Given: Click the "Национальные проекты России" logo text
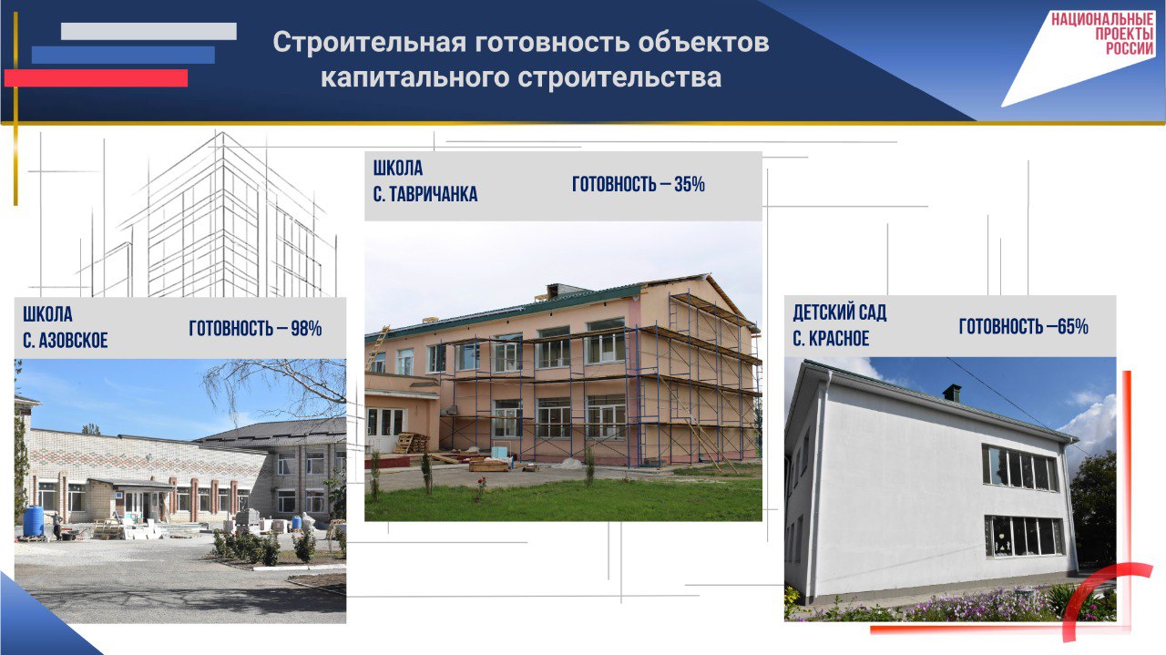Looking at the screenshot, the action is pyautogui.click(x=1102, y=34).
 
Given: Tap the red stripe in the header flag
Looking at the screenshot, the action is pyautogui.click(x=96, y=78).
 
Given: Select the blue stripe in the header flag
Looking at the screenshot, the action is pyautogui.click(x=123, y=55).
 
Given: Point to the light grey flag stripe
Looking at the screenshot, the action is pyautogui.click(x=148, y=31).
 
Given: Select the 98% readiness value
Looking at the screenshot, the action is pyautogui.click(x=306, y=329).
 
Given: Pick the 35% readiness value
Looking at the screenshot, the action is pyautogui.click(x=690, y=184).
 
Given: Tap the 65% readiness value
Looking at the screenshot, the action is pyautogui.click(x=1073, y=327).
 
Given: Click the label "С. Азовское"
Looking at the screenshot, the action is pyautogui.click(x=65, y=341).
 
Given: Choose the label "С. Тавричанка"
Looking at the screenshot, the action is pyautogui.click(x=425, y=194).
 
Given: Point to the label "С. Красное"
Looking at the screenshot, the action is pyautogui.click(x=832, y=339).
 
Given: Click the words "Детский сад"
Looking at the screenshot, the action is pyautogui.click(x=840, y=312).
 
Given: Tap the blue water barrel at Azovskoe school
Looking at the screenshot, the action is pyautogui.click(x=34, y=521).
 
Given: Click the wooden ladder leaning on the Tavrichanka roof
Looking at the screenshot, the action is pyautogui.click(x=378, y=348).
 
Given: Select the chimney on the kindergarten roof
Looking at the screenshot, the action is pyautogui.click(x=952, y=394).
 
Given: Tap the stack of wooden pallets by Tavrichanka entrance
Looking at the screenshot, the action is pyautogui.click(x=411, y=443).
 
